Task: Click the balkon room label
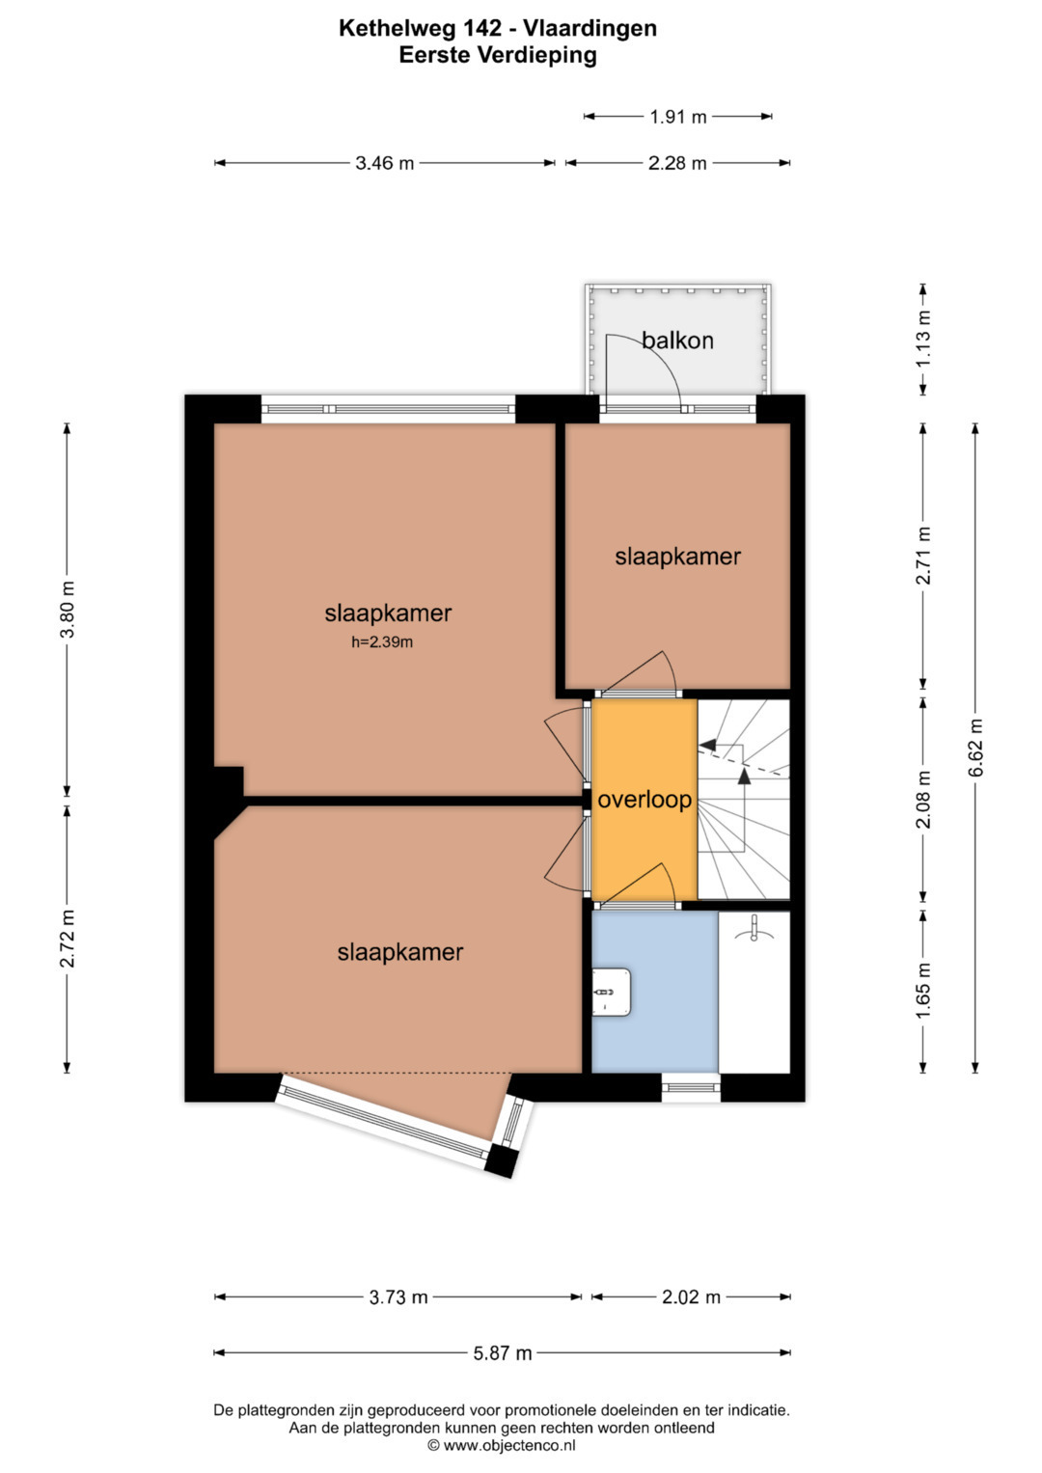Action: point(677,340)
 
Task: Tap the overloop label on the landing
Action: point(644,801)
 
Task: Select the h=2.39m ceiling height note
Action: point(381,642)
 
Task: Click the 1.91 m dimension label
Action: point(677,117)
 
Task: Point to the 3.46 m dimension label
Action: point(384,163)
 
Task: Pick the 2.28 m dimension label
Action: point(677,163)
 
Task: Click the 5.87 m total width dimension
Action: point(503,1353)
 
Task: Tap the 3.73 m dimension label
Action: point(398,1297)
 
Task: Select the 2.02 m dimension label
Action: point(691,1297)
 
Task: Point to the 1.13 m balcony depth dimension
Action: point(923,339)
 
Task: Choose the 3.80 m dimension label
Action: point(68,610)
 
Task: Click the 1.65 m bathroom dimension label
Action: point(923,991)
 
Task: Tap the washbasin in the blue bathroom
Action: point(611,993)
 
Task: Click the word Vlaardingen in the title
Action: point(590,28)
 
